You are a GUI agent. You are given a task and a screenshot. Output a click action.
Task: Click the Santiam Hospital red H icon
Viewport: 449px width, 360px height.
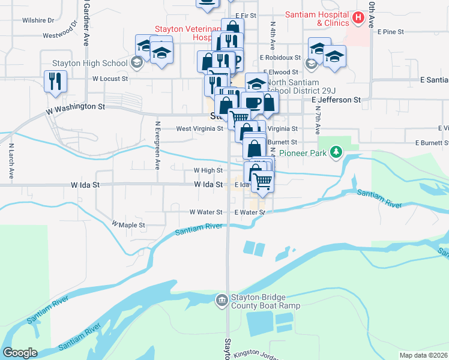pyautogui.click(x=358, y=18)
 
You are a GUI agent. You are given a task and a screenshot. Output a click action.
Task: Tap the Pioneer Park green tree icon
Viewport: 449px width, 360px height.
pyautogui.click(x=336, y=153)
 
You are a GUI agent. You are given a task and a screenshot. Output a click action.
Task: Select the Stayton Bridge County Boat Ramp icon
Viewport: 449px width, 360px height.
pyautogui.click(x=222, y=299)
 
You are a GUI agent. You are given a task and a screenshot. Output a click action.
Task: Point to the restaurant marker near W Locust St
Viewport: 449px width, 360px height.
pyautogui.click(x=55, y=82)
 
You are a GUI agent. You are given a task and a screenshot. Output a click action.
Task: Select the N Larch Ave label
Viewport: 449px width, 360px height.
pyautogui.click(x=11, y=161)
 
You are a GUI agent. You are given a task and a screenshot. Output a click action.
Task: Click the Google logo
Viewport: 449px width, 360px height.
pyautogui.click(x=20, y=353)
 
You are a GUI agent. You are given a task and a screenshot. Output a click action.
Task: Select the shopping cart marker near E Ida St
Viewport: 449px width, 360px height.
pyautogui.click(x=262, y=181)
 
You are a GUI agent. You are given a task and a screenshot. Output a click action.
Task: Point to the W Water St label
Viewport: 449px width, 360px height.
pyautogui.click(x=206, y=212)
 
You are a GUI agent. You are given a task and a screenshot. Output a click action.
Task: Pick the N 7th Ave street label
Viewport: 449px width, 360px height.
pyautogui.click(x=317, y=121)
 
